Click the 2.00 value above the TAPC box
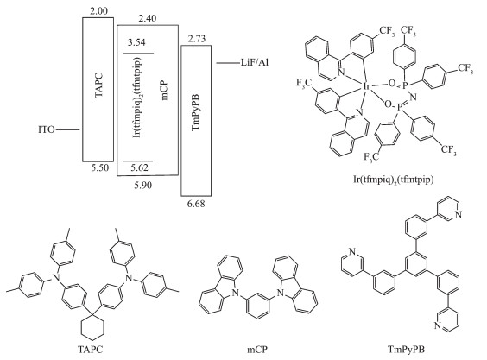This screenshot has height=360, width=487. [x=98, y=11]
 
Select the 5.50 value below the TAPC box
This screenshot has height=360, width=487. [x=100, y=168]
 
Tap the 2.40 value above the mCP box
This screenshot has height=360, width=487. [x=148, y=19]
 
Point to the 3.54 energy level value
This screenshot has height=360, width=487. [x=136, y=42]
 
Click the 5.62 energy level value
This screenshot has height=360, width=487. [x=140, y=168]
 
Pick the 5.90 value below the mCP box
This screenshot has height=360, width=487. [x=143, y=186]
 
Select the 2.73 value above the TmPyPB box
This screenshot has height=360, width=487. [x=196, y=39]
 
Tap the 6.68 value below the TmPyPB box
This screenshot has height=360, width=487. [x=196, y=204]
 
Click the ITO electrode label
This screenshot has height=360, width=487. [x=47, y=129]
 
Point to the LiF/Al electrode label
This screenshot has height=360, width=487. [x=255, y=63]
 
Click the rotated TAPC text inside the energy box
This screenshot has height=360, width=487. [x=98, y=85]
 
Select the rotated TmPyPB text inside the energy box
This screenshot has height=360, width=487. [x=196, y=112]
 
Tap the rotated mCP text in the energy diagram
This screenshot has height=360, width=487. [x=164, y=90]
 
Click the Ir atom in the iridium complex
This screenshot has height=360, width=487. [x=367, y=86]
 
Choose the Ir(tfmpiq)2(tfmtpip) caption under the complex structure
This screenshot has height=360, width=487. [x=394, y=180]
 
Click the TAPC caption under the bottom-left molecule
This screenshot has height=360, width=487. [x=90, y=350]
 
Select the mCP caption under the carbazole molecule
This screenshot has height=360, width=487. [x=257, y=350]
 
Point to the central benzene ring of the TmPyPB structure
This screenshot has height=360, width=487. [x=407, y=265]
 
